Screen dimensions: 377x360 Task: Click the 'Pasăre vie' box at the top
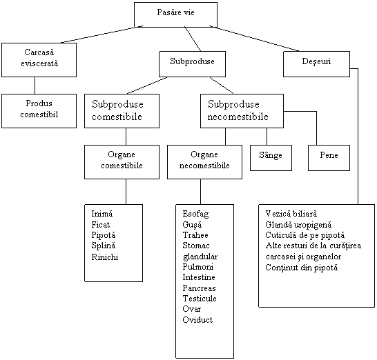click(176, 14)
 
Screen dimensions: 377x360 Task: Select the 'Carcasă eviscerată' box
click(39, 60)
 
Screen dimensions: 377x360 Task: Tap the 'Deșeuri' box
click(316, 64)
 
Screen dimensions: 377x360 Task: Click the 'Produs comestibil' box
click(39, 111)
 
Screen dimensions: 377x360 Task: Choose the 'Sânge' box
click(271, 158)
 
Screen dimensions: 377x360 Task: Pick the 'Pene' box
click(329, 158)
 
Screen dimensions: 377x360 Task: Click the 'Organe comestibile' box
click(122, 162)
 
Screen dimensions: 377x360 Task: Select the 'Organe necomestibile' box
click(204, 162)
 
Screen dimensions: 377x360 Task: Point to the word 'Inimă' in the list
click(102, 214)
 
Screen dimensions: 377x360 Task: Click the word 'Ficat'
click(101, 225)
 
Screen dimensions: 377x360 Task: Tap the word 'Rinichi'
click(105, 257)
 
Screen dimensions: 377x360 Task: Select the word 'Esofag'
click(195, 214)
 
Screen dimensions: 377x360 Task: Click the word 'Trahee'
click(195, 235)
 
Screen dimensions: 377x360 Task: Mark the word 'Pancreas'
click(199, 288)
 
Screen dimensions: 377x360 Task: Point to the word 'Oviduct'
click(197, 319)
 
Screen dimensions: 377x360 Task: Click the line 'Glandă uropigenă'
click(298, 225)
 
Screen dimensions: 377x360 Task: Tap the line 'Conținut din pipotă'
click(302, 268)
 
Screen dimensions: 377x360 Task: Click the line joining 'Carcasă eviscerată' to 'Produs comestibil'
click(35, 86)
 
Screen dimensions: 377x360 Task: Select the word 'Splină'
click(104, 246)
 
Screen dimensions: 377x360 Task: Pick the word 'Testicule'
click(200, 299)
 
